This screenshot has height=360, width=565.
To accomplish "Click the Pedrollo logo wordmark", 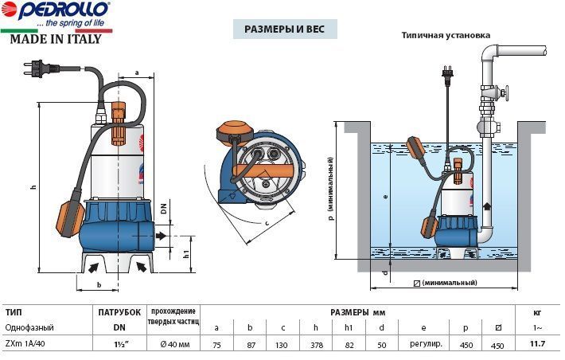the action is (64, 10).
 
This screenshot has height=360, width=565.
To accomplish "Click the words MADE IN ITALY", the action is (56, 39).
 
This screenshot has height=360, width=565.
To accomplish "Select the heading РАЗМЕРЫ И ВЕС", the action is (285, 29).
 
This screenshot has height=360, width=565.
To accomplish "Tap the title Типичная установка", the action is (446, 35).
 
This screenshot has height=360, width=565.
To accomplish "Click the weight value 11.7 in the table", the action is (537, 343).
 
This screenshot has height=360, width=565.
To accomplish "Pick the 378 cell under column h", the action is (317, 345).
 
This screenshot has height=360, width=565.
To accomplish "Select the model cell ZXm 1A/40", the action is (25, 344).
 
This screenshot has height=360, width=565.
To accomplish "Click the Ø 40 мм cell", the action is (175, 345).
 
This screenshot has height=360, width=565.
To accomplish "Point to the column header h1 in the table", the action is (348, 327).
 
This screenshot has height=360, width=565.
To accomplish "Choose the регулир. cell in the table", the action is (426, 344).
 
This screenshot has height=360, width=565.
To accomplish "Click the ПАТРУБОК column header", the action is (119, 312).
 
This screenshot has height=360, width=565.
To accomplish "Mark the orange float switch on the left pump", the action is (69, 216).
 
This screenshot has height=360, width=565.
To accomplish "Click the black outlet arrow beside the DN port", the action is (162, 236).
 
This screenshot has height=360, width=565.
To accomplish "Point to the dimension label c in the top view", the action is (267, 223).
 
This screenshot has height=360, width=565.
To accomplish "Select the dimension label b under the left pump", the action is (99, 285).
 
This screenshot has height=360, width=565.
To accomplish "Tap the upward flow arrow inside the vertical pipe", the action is (486, 207).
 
